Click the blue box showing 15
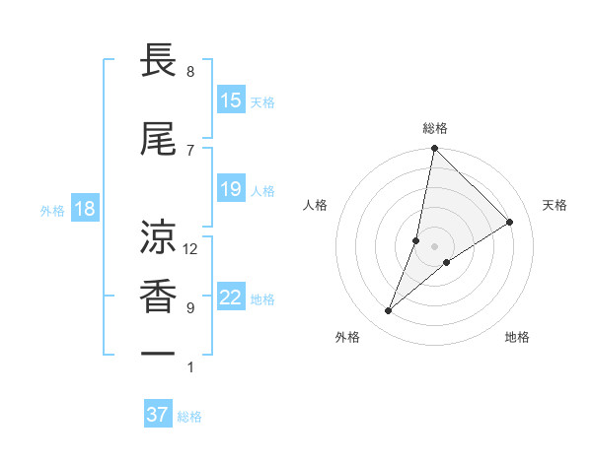(x=231, y=100)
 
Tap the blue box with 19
(x=231, y=189)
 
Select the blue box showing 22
(x=231, y=298)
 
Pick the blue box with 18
(x=85, y=209)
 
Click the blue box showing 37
(x=158, y=415)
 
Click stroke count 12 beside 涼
(x=190, y=249)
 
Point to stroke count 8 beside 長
(x=190, y=72)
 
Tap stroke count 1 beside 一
(x=190, y=367)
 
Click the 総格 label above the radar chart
(x=434, y=128)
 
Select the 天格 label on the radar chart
(x=555, y=205)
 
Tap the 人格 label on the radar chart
(x=315, y=205)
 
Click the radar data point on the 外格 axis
(x=389, y=311)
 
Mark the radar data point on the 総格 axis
(x=434, y=149)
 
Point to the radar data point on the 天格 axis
(x=510, y=222)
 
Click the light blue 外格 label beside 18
(x=52, y=210)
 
